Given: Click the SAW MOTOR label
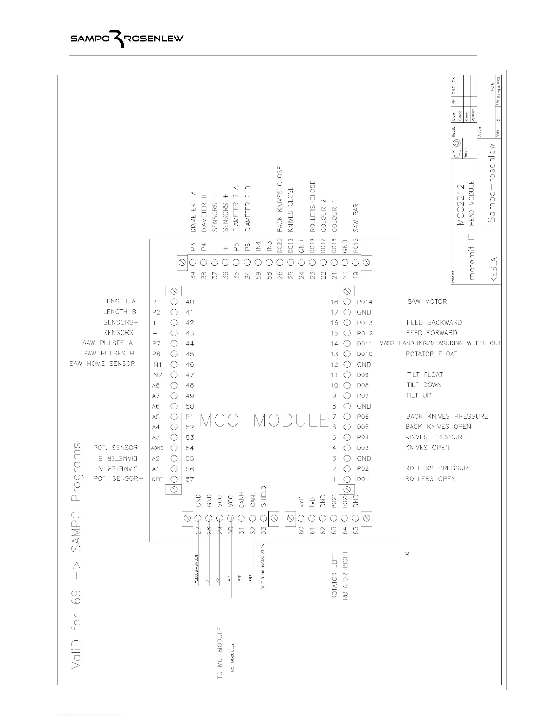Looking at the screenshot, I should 427,301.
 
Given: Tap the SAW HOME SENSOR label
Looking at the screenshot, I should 102,364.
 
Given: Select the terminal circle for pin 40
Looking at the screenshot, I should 174,302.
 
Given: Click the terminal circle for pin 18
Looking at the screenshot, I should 347,302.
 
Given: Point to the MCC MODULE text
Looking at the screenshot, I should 264,420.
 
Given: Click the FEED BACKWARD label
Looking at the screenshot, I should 434,322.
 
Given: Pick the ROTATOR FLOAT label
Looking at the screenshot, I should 431,354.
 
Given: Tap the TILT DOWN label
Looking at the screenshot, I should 424,385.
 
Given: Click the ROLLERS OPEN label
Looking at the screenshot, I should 430,478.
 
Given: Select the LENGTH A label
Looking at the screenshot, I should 119,301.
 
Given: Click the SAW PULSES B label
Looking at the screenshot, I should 109,353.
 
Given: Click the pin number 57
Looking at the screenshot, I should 190,479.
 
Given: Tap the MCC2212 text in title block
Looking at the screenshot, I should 461,204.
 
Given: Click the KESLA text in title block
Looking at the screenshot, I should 494,270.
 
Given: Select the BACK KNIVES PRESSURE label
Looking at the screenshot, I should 447,416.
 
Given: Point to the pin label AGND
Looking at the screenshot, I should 157,448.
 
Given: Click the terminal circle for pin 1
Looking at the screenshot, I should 347,479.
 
